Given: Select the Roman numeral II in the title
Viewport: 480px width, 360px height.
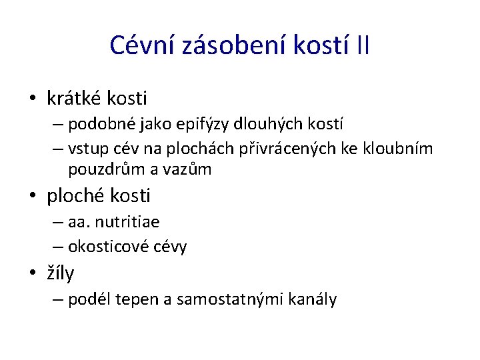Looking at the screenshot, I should tap(363, 45).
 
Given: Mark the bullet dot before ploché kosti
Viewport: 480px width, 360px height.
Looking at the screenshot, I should tap(32, 197).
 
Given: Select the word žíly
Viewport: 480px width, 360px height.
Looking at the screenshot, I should tap(61, 273).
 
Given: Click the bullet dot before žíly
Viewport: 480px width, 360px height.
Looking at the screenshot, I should tap(32, 273).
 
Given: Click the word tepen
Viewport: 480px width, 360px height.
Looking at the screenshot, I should tap(135, 300).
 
